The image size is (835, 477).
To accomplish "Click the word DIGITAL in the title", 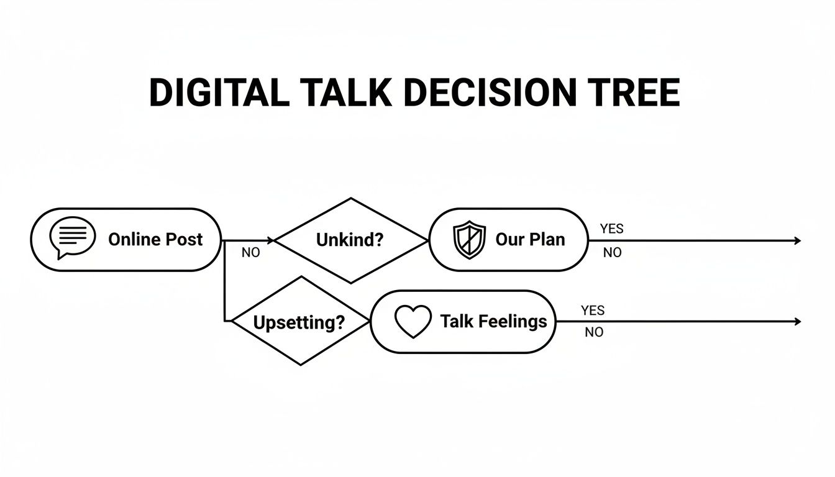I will point(219,93).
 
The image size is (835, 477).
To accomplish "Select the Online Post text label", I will point(155,240).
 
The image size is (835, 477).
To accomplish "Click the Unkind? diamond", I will point(350,240).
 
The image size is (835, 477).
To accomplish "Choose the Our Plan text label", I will point(530,240).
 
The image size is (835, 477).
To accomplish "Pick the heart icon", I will point(413,322).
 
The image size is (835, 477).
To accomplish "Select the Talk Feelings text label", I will point(493,321).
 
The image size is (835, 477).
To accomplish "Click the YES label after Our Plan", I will point(611,229).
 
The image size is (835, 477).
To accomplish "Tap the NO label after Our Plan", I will point(612,253).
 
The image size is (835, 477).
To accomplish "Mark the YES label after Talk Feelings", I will point(593,310).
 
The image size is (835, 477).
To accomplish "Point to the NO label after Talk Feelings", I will point(594,332).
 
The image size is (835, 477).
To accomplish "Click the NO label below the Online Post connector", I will point(250,253).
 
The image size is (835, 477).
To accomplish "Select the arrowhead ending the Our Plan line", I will point(798,240).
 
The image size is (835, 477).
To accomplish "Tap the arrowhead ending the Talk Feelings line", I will point(798,321).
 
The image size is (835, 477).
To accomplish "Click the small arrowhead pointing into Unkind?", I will point(270,240).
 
